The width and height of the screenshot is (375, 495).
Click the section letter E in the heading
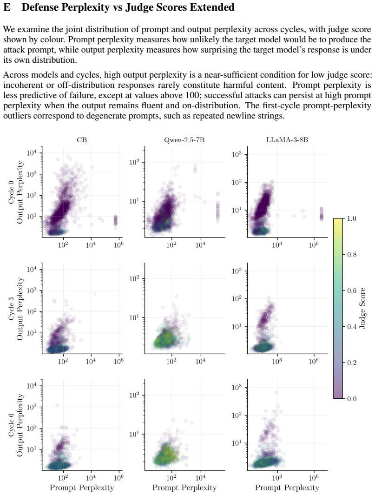point(7,7)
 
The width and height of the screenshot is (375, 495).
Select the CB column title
point(82,140)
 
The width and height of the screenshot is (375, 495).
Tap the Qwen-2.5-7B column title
point(184,140)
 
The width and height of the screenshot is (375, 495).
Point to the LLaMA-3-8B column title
point(287,140)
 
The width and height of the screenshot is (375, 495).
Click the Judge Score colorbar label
point(362,308)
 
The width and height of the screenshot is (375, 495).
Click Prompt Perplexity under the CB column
point(82,488)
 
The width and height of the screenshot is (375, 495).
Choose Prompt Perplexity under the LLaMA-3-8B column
point(287,488)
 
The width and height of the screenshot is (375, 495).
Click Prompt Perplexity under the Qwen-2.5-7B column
point(184,488)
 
